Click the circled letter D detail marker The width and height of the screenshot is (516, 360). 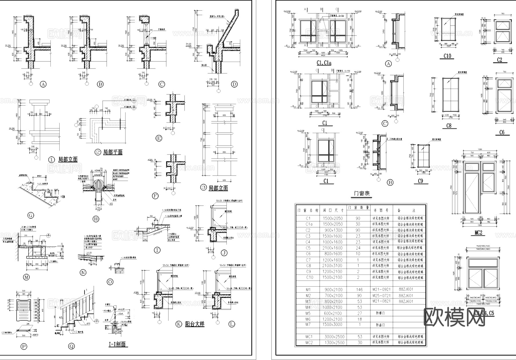234,84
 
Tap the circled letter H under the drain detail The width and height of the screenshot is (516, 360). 96,219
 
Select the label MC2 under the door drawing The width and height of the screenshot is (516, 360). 478,233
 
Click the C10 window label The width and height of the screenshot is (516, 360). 447,56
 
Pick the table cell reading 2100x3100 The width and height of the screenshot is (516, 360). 333,266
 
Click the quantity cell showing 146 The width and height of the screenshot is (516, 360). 359,289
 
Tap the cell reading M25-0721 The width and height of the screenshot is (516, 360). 381,295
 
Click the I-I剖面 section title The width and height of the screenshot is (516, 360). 118,344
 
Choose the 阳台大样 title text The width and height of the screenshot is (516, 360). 195,324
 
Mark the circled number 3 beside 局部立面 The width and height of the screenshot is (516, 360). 203,188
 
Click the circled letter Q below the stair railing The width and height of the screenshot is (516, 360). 71,346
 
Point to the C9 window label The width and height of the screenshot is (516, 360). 420,181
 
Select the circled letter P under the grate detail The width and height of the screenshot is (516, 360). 24,347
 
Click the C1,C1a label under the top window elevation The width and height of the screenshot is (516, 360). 324,63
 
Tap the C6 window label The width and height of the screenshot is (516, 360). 502,132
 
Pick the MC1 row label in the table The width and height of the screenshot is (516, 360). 309,336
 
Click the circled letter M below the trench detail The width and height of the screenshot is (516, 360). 26,277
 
